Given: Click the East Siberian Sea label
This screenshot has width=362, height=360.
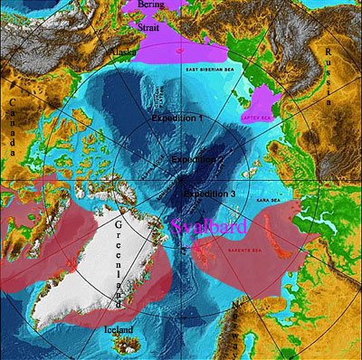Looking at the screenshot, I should pyautogui.click(x=209, y=70).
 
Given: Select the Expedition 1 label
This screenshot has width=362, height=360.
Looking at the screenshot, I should pyautogui.click(x=177, y=118).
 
